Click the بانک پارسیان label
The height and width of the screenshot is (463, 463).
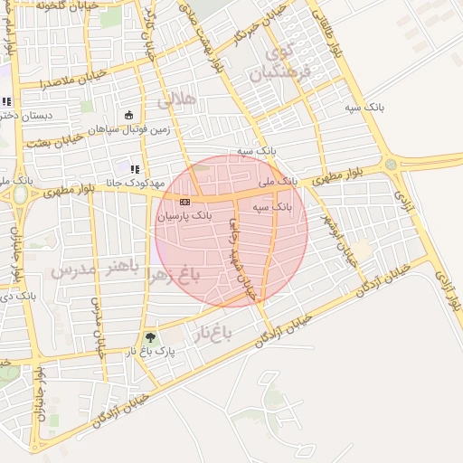(184, 217)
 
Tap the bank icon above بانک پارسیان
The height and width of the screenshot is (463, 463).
(184, 202)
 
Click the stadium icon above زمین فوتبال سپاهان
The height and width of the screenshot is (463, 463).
(128, 115)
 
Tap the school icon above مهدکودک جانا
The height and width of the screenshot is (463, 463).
(136, 169)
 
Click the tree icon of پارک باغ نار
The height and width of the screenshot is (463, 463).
(151, 336)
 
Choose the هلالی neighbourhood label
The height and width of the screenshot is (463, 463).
(177, 100)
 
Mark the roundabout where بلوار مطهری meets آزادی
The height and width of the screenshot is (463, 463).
(391, 165)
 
